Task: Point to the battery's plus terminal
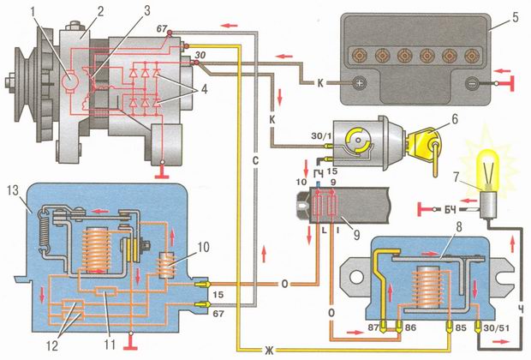(360, 83)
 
